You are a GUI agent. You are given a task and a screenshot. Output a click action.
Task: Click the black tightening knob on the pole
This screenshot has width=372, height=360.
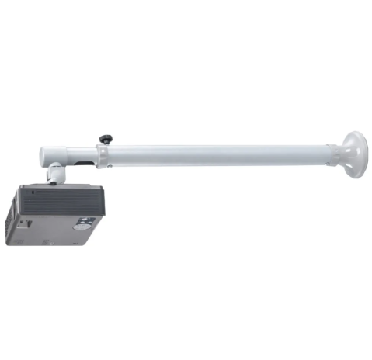pos(103,139)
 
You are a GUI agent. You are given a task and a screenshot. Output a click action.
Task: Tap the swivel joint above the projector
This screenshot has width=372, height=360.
pos(57,174)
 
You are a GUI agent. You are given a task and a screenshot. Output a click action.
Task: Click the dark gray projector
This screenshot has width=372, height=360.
pos(54,213)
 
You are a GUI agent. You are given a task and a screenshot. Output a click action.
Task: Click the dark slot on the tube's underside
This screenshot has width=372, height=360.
pos(78,164)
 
